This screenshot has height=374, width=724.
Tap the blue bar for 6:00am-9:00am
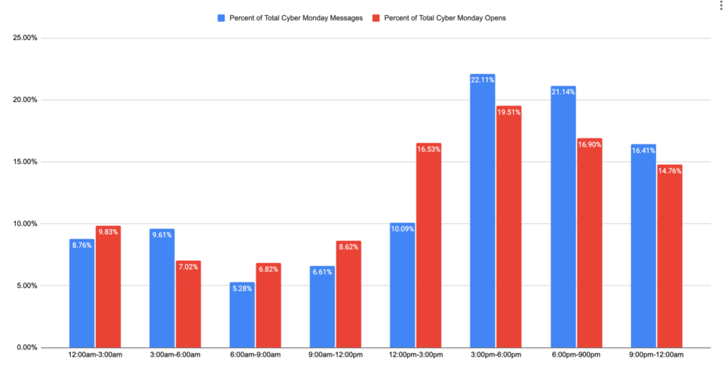click(x=242, y=316)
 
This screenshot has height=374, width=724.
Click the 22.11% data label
click(x=483, y=79)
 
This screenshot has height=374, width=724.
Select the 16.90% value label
click(x=589, y=144)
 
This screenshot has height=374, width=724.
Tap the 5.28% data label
click(x=242, y=287)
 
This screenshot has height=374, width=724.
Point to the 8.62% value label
click(x=348, y=246)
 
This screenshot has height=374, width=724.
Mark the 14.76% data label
click(x=670, y=170)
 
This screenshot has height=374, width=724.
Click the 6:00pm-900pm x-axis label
click(x=576, y=355)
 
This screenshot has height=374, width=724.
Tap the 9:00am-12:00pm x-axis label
click(x=336, y=355)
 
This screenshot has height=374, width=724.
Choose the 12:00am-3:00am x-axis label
click(x=94, y=355)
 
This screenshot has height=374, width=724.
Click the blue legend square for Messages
click(x=221, y=17)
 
